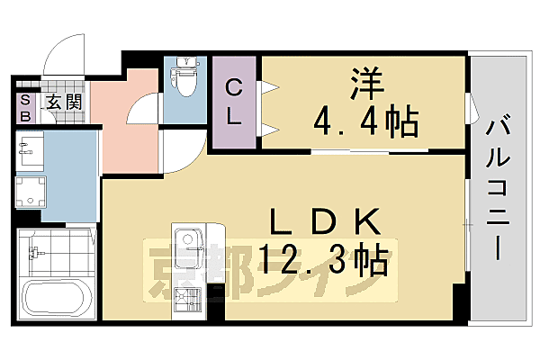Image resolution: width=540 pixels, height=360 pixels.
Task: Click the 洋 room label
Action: pos(364,85)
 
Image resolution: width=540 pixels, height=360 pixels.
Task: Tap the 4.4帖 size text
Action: pos(364,119)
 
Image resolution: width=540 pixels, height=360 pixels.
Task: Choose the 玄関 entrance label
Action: pos(64,101)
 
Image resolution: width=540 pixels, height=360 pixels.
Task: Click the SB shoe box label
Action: pos(24,108)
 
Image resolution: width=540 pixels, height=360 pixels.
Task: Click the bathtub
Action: pos(55,300)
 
